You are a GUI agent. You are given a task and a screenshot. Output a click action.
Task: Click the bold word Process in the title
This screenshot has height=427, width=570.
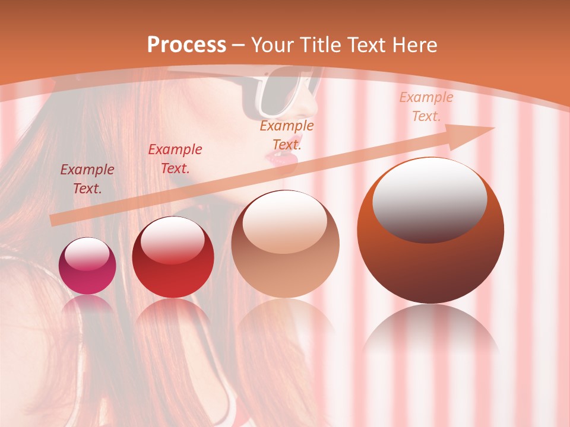[x=186, y=45]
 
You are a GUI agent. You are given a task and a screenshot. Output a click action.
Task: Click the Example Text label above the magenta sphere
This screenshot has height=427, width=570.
[x=87, y=179]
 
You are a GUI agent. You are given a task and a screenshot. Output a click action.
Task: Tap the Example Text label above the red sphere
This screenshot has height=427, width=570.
[x=175, y=159]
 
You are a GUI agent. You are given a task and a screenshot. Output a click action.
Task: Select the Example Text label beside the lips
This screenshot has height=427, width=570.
[x=287, y=135]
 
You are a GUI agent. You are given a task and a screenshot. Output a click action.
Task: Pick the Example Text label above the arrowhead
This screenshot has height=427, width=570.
[x=426, y=107]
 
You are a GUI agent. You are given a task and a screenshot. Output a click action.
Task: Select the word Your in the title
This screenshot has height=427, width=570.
[x=273, y=45]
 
